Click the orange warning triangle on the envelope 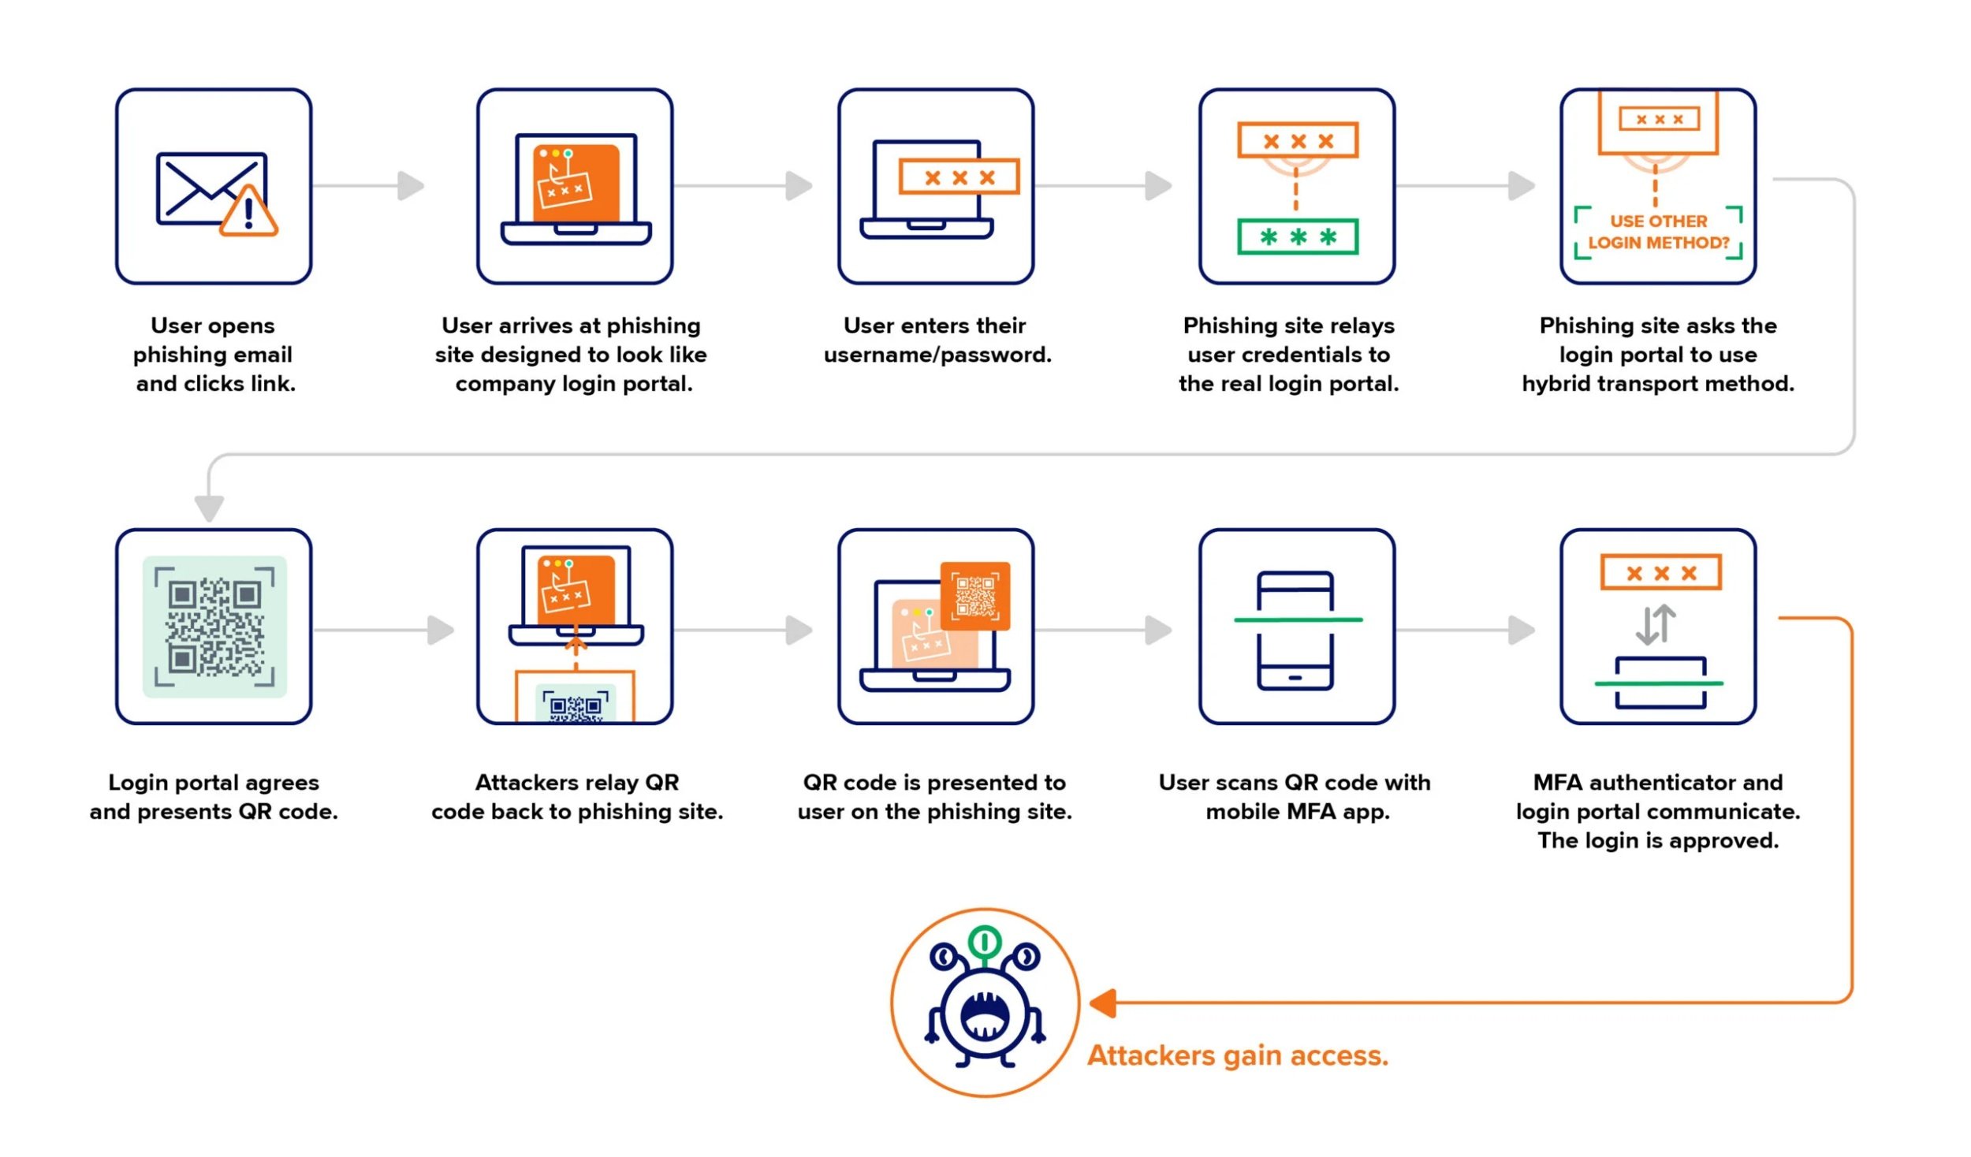pyautogui.click(x=248, y=213)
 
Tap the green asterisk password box pyautogui.click(x=1297, y=236)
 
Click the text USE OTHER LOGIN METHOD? pyautogui.click(x=1657, y=232)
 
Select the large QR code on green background pyautogui.click(x=214, y=627)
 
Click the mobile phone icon pyautogui.click(x=1295, y=631)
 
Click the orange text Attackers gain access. pyautogui.click(x=1237, y=1055)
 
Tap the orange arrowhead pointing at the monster pyautogui.click(x=1103, y=1003)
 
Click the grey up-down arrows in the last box pyautogui.click(x=1655, y=623)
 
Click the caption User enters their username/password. pyautogui.click(x=937, y=340)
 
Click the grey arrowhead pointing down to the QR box pyautogui.click(x=209, y=508)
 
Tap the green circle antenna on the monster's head pyautogui.click(x=984, y=941)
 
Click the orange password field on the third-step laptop pyautogui.click(x=959, y=177)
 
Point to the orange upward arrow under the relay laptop pyautogui.click(x=576, y=645)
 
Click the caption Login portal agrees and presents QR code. pyautogui.click(x=214, y=797)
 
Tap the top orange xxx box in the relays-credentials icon pyautogui.click(x=1297, y=140)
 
